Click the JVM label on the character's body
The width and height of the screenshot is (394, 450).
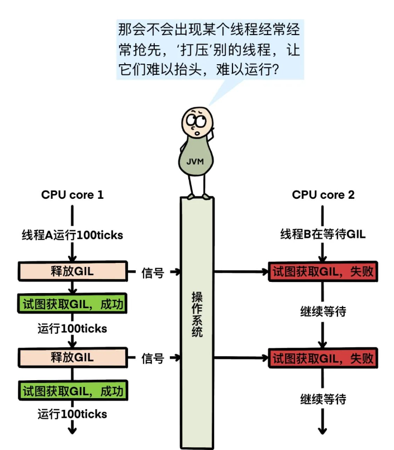195,162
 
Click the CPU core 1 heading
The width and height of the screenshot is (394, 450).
72,195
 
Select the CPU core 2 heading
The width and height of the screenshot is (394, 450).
323,195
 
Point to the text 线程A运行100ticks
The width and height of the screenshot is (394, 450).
72,235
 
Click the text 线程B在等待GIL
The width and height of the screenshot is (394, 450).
323,234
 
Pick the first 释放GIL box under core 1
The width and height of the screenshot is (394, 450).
72,272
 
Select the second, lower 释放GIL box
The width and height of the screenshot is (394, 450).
72,357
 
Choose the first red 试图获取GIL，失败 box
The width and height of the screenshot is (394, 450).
322,272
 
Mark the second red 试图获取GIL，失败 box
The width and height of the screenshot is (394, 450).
322,357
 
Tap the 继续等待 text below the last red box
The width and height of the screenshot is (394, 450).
323,399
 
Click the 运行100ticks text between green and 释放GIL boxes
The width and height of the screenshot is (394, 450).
72,329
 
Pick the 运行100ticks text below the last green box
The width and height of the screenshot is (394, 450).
72,414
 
